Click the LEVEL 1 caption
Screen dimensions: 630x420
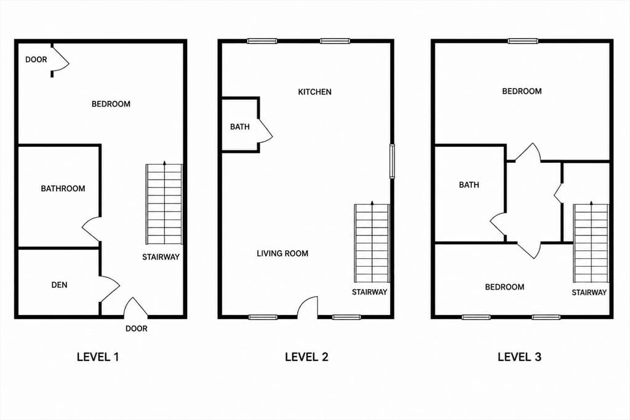pos(98,357)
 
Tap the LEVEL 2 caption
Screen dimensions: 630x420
pos(306,357)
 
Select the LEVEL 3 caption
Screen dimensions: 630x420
pos(519,357)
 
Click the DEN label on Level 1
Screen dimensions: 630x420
pos(60,285)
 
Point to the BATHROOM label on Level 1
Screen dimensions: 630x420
pos(63,188)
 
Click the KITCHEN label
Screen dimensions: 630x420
pos(314,92)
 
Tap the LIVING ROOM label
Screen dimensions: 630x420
pos(282,253)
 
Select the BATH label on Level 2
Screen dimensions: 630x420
pos(240,127)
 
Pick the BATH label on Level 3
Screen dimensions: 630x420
pos(469,184)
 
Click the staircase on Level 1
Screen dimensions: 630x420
pos(164,204)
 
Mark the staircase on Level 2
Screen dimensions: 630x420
pos(372,242)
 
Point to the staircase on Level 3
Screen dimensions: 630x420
pos(591,242)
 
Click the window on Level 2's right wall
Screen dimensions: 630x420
pos(392,161)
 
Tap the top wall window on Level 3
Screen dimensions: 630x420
pos(523,41)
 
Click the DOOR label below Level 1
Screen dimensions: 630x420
pos(137,328)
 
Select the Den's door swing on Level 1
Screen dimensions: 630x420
pos(110,288)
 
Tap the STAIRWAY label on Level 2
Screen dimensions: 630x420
pos(370,292)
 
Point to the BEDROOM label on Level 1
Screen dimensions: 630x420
pos(111,104)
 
